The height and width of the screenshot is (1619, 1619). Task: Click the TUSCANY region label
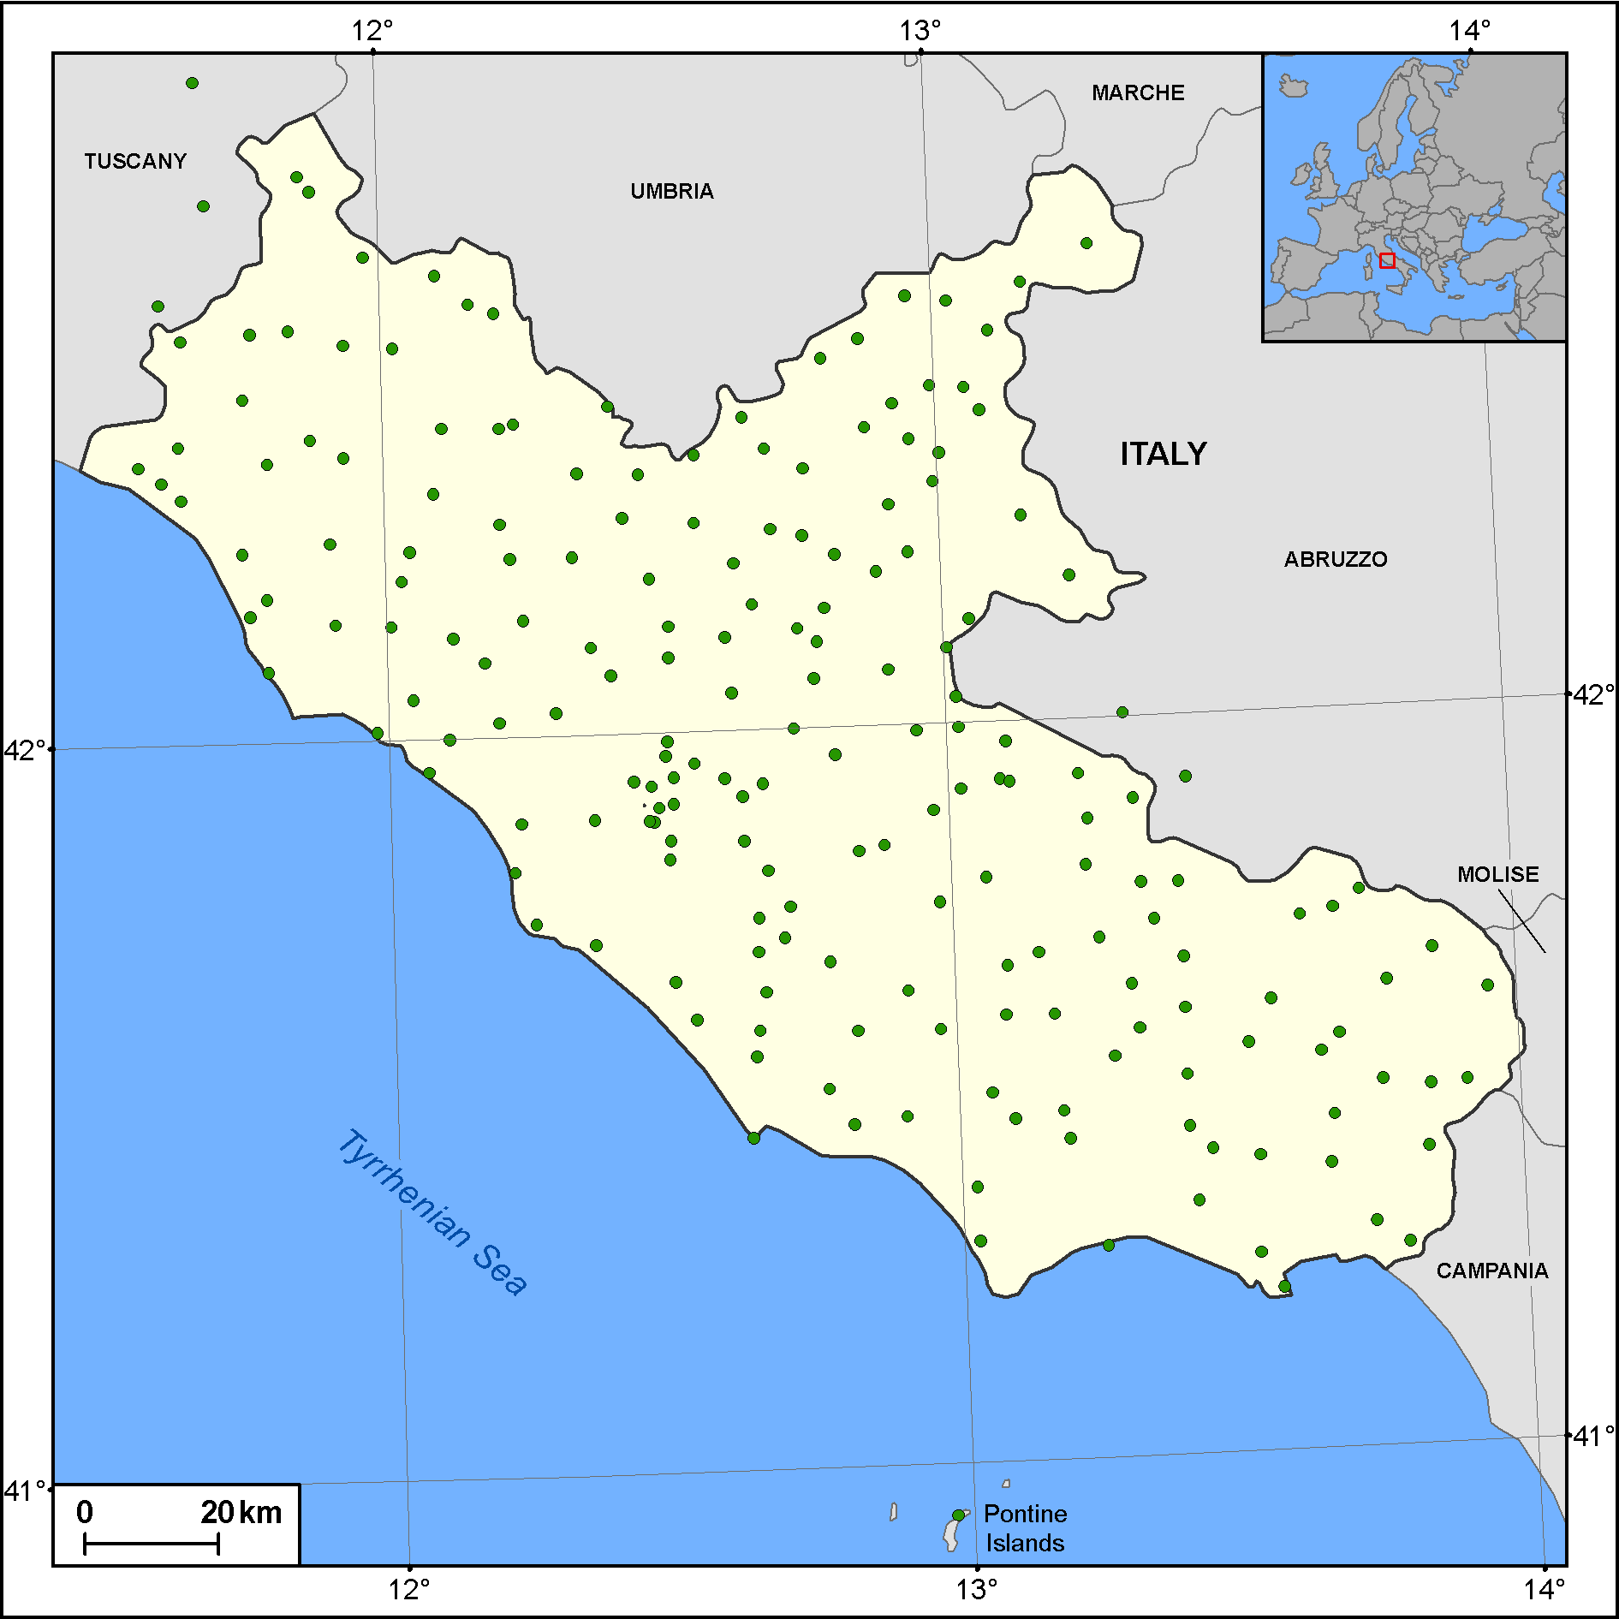point(135,161)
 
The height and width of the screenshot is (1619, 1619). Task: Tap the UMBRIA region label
point(672,191)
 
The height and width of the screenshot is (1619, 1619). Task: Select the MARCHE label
point(1138,92)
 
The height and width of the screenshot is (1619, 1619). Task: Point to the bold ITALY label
point(1164,454)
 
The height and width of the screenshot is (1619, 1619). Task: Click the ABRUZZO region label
point(1336,559)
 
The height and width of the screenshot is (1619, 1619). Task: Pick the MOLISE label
point(1498,874)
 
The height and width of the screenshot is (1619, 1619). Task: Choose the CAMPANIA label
point(1492,1271)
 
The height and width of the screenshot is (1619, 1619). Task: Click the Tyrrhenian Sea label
point(432,1211)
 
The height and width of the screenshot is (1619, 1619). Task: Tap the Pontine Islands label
point(1025,1528)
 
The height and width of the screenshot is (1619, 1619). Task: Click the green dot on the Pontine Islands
point(958,1515)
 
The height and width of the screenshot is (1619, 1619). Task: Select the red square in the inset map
point(1387,260)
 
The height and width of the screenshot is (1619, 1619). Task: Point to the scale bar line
point(152,1545)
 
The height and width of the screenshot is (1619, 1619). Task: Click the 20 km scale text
point(241,1512)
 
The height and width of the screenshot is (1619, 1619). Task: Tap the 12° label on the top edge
point(372,31)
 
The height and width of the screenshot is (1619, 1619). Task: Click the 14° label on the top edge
point(1469,31)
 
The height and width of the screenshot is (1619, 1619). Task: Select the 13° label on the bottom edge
point(977,1590)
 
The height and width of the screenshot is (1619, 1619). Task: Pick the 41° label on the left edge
point(24,1491)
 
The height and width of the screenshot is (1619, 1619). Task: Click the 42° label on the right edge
point(1594,694)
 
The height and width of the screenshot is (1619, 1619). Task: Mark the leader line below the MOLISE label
point(1521,921)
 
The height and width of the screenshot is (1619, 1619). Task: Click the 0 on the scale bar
point(85,1512)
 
